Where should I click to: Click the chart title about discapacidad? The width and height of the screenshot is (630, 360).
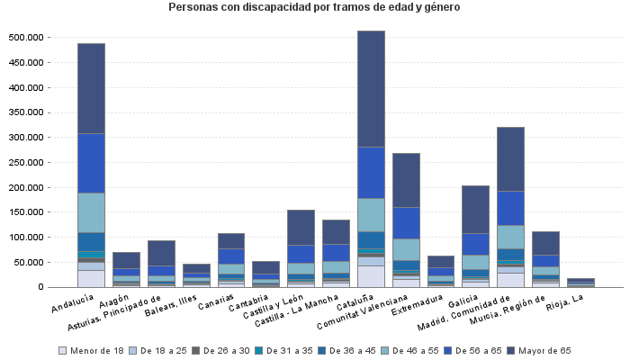point(314,7)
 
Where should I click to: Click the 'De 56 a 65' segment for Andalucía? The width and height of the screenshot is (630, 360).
point(91,163)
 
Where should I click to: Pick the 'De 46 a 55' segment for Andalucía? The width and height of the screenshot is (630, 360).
point(91,212)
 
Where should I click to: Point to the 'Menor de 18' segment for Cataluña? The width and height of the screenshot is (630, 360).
point(371,276)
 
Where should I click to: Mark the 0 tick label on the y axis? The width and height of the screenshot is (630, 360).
point(40,287)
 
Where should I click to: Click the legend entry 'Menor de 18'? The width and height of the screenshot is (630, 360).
point(94,350)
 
